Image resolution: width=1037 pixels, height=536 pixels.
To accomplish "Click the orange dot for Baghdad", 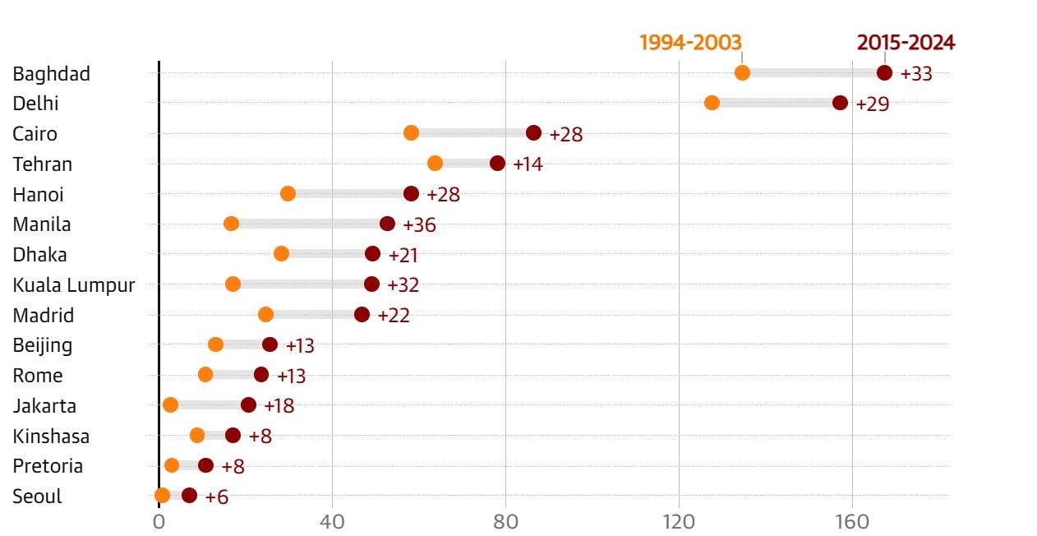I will (x=742, y=72).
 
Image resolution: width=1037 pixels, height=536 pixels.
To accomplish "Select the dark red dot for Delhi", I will (x=840, y=103).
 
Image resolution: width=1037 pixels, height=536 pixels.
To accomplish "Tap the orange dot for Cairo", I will (x=411, y=133).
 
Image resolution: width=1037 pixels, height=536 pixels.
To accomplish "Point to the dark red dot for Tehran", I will (x=497, y=163).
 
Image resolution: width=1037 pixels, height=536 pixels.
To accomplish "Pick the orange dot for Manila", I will (x=231, y=224).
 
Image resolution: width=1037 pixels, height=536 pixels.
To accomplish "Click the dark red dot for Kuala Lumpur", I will (x=371, y=284).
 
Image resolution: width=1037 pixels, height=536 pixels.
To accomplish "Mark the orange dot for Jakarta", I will (x=170, y=404).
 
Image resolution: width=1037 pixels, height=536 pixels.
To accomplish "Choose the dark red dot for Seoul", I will (x=189, y=495).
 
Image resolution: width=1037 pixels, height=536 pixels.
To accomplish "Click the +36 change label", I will (x=418, y=225).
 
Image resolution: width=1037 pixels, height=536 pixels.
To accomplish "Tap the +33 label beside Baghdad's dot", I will (x=916, y=74).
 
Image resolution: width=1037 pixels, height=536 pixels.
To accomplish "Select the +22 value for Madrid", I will (x=394, y=316).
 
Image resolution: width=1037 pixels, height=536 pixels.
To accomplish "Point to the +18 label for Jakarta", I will (x=279, y=406).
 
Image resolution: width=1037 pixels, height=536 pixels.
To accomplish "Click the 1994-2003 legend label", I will (x=690, y=43).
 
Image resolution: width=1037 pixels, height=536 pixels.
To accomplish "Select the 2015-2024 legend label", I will (x=906, y=43).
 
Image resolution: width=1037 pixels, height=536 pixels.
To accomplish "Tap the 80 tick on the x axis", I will (x=505, y=522).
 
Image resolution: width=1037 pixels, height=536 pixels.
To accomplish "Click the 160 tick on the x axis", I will (x=852, y=522).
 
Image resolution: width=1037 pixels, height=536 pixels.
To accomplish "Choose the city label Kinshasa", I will (x=51, y=436).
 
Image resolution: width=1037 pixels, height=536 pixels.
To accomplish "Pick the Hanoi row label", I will (x=38, y=195).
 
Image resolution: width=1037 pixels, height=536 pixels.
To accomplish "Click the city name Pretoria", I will (x=48, y=466).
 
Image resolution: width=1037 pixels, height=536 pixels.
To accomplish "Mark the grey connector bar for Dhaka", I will (x=327, y=253).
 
